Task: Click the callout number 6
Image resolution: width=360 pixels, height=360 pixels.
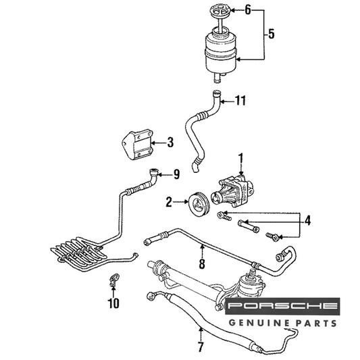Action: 248,10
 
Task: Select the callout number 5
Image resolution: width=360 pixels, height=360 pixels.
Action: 272,34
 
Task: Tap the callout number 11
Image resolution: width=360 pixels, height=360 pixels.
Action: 240,101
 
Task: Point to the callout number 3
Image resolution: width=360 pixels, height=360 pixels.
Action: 170,142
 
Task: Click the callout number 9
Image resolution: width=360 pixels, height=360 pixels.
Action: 176,174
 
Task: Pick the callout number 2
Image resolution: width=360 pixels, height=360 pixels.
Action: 169,202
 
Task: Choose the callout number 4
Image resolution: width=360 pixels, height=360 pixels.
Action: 307,220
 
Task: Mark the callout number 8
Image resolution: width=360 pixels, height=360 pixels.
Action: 202,264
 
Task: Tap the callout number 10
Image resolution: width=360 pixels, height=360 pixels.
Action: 113,303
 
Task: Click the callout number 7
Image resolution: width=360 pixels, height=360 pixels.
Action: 201,347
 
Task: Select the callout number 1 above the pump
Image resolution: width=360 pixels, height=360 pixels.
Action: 241,159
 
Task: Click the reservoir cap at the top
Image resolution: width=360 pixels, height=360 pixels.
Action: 220,10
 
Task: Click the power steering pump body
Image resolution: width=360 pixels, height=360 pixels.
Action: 232,190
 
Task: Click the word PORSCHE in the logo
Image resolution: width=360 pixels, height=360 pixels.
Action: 282,305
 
